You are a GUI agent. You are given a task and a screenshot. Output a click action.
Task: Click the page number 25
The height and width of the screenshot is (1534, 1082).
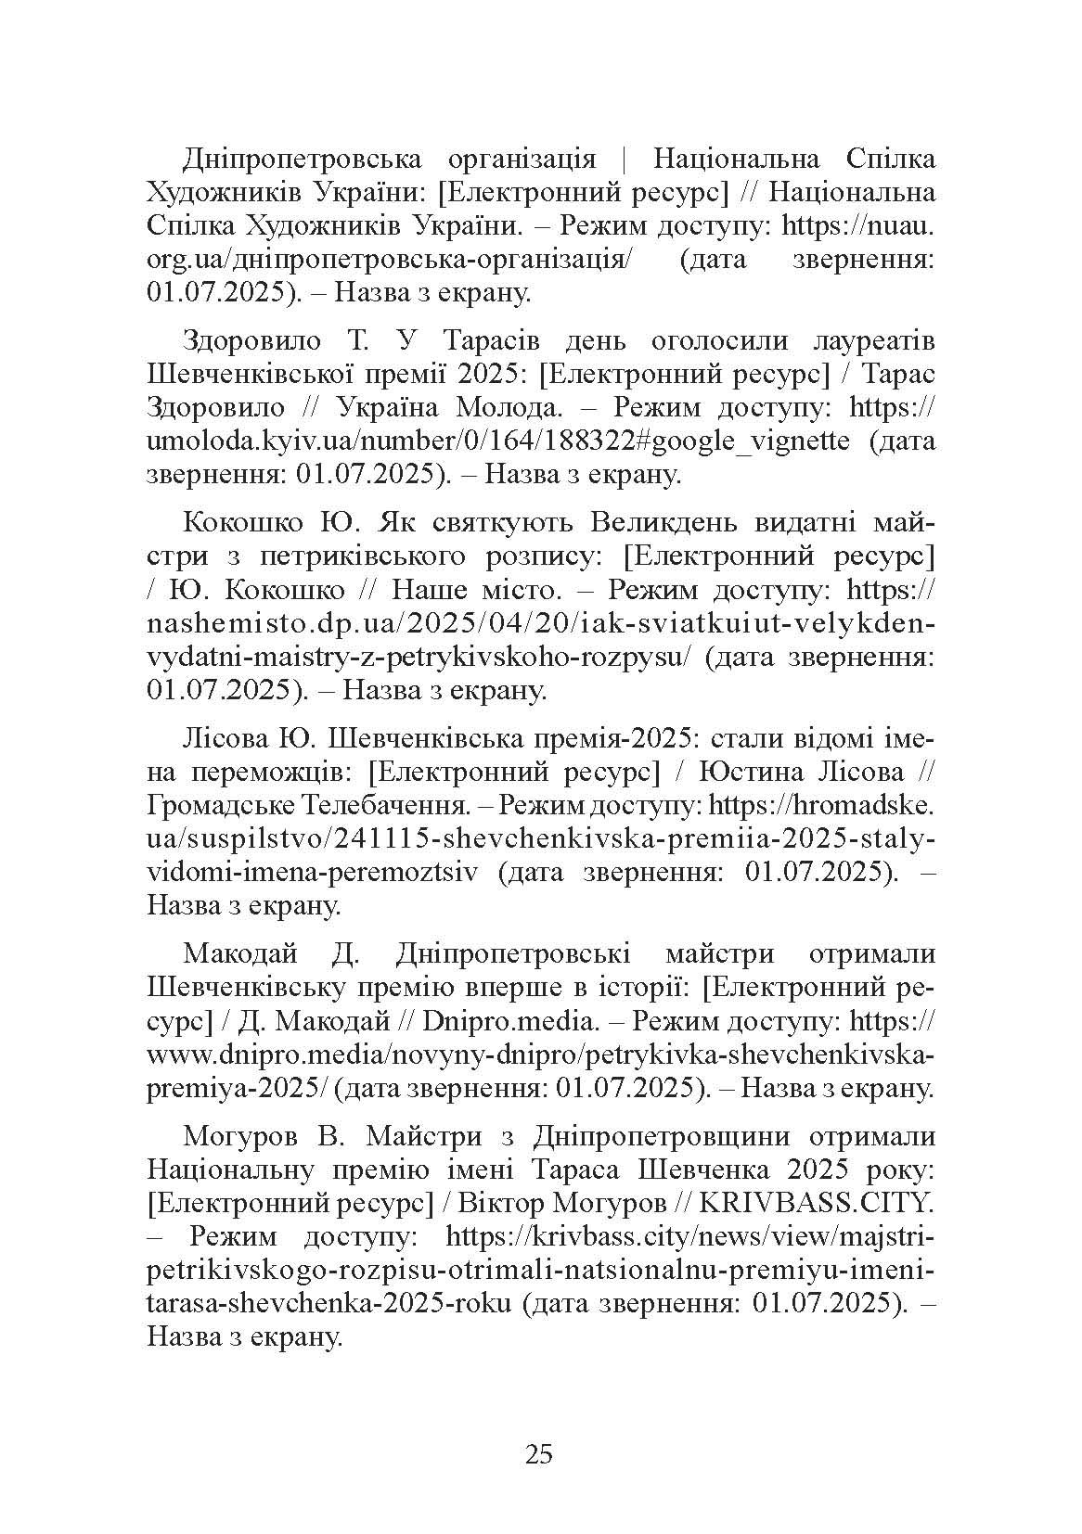coord(539,1453)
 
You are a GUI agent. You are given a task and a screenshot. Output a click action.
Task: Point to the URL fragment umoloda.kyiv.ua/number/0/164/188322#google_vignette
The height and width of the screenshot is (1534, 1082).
coord(497,441)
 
